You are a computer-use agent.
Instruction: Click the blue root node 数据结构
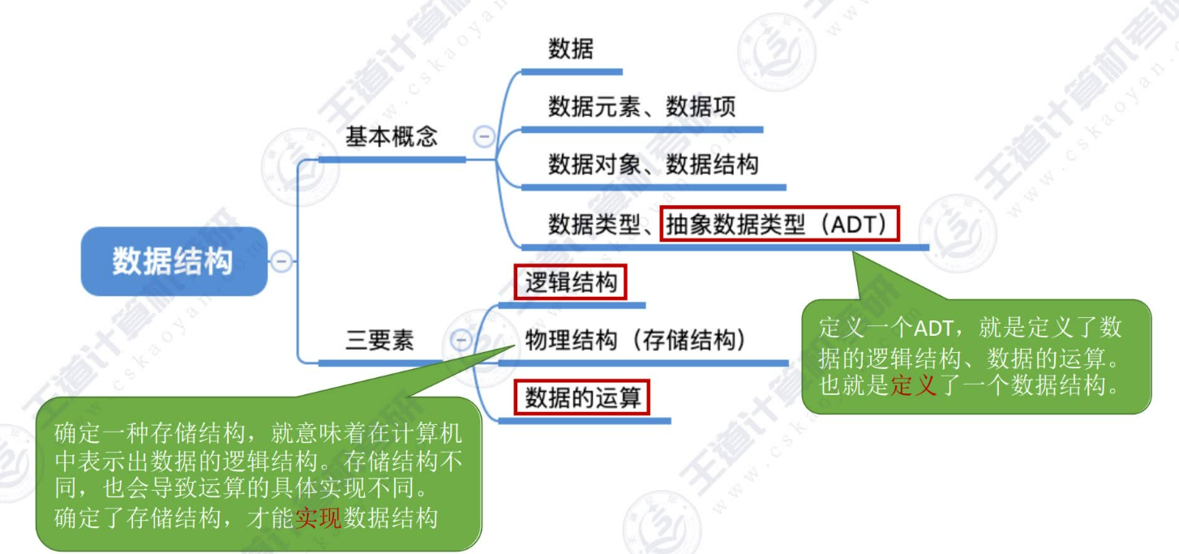pos(173,261)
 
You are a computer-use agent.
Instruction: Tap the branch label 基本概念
pos(392,136)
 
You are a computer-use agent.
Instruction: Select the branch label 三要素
pos(379,341)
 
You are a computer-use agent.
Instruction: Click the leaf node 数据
pos(571,49)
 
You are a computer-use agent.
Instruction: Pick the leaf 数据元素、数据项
pos(641,107)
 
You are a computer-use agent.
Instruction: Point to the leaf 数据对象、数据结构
pos(653,165)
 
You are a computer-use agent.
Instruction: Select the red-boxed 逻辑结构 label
pos(571,283)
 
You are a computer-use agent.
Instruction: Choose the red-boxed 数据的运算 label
pos(582,398)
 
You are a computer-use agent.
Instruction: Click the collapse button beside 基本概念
pos(484,137)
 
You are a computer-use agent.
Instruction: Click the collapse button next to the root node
pos(281,261)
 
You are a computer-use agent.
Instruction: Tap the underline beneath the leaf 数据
pos(571,72)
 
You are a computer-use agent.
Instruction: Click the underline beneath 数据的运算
pos(584,420)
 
